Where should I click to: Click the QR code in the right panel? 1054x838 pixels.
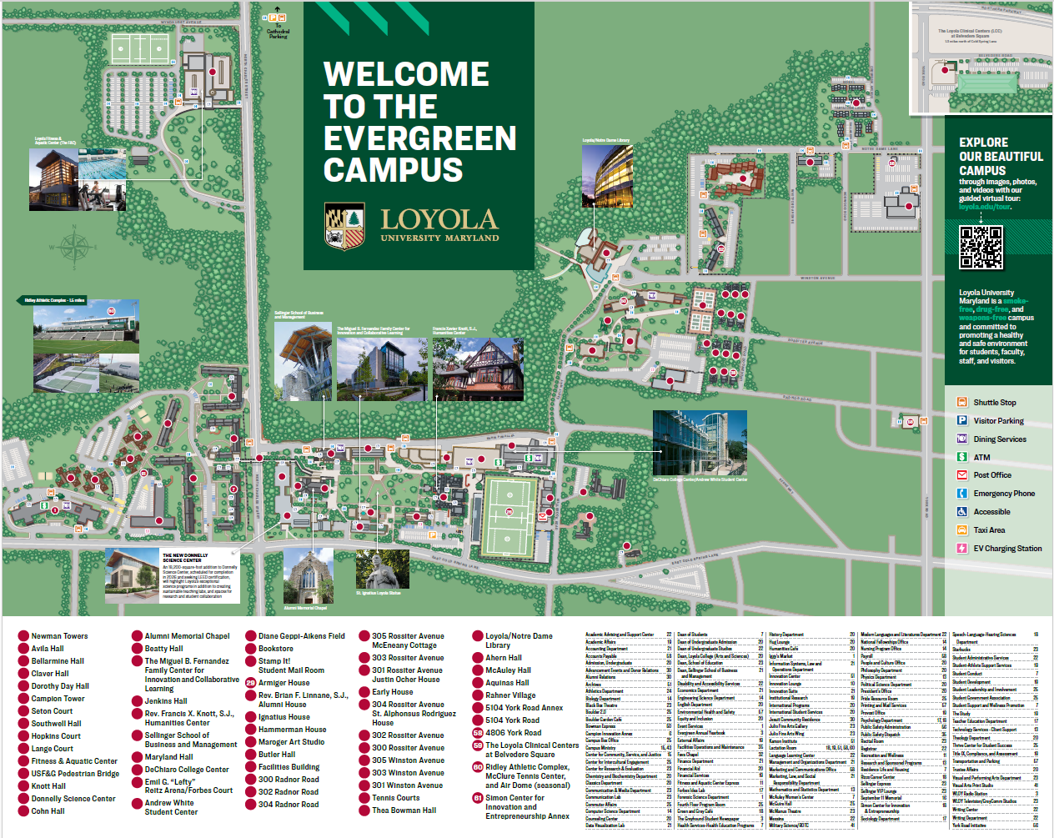(981, 247)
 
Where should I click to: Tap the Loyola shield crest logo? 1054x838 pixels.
(344, 227)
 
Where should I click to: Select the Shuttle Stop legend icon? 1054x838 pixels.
(961, 402)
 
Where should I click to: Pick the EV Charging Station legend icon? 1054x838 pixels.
(961, 549)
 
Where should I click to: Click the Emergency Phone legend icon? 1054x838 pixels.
(961, 494)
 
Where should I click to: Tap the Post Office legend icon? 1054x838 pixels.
(961, 475)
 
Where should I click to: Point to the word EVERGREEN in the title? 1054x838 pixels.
(419, 138)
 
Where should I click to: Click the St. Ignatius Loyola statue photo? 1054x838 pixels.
(382, 570)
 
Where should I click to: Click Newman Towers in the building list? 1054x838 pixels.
(59, 636)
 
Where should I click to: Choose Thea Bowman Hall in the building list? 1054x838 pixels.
(404, 810)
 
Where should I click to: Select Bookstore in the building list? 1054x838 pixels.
(275, 649)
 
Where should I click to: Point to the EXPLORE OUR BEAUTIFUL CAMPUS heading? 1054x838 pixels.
(1000, 156)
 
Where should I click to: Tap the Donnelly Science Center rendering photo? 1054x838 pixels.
(132, 575)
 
